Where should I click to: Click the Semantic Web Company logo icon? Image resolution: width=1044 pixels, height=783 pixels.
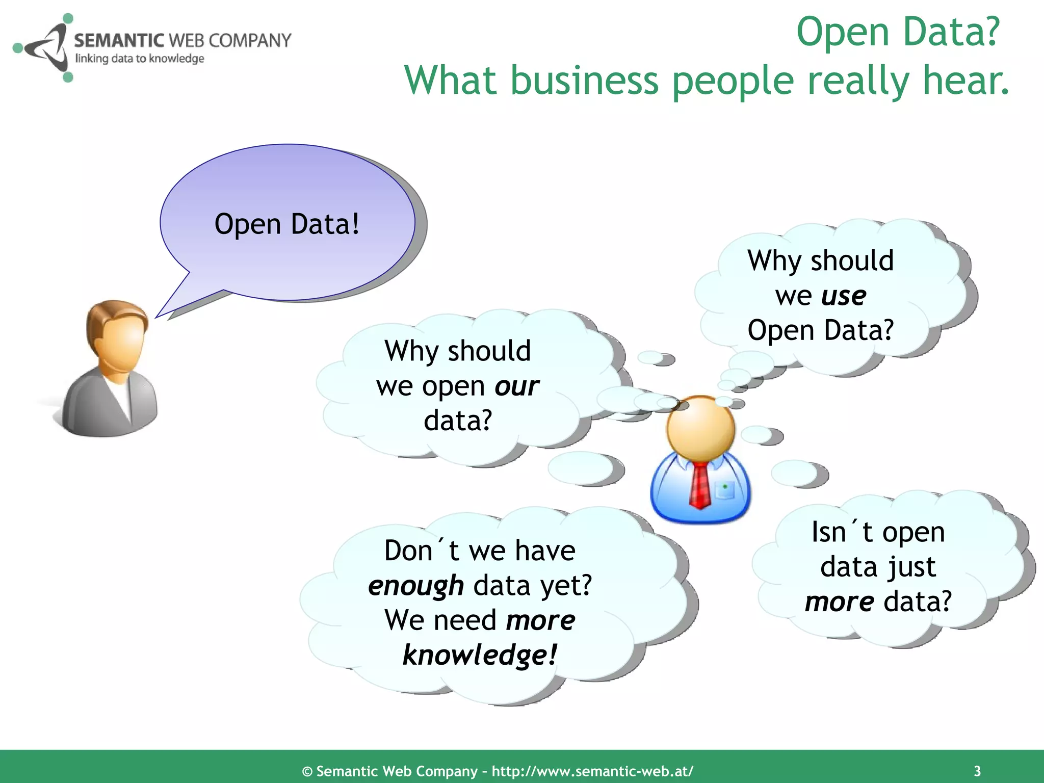43,48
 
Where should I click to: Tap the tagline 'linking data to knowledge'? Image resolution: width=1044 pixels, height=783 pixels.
140,59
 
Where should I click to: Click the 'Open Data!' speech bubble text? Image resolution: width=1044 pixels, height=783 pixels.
287,224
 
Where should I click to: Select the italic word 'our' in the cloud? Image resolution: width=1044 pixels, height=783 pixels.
516,386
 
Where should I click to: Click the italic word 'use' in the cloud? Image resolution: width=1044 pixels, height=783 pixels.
843,296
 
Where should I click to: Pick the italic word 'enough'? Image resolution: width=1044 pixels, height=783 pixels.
416,585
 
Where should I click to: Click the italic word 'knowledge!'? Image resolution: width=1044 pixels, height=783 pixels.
480,655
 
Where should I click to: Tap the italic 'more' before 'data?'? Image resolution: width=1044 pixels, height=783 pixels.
839,602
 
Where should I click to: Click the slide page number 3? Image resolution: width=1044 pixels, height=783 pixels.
977,771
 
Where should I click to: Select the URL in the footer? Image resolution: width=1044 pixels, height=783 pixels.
592,771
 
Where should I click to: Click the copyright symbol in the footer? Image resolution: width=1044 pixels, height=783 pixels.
307,771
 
